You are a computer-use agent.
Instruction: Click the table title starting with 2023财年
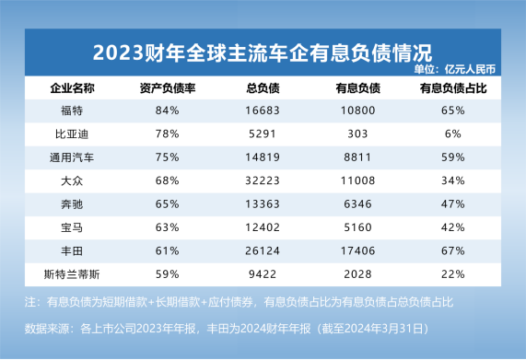(x=263, y=48)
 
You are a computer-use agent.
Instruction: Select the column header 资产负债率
(x=168, y=89)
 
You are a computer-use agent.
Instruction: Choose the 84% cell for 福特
(x=168, y=111)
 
